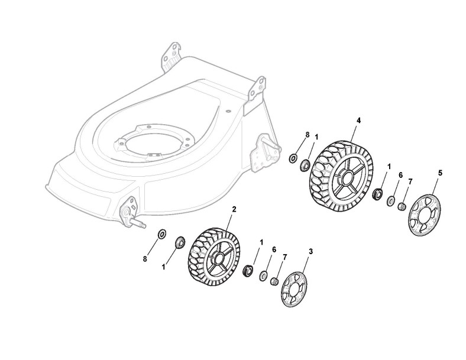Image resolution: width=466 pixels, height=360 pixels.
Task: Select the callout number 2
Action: [x=234, y=209]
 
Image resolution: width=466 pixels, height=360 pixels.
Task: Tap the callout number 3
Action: [x=311, y=251]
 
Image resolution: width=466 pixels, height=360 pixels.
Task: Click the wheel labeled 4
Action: [x=341, y=176]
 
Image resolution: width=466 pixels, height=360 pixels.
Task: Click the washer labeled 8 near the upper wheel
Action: [x=293, y=158]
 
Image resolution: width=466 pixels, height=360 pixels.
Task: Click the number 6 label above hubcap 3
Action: [x=274, y=250]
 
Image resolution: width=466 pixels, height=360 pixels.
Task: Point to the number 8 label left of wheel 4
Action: [x=307, y=135]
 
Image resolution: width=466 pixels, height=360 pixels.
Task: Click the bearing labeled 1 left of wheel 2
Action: [x=178, y=242]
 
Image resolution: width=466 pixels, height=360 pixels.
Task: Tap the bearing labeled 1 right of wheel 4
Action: [x=377, y=193]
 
